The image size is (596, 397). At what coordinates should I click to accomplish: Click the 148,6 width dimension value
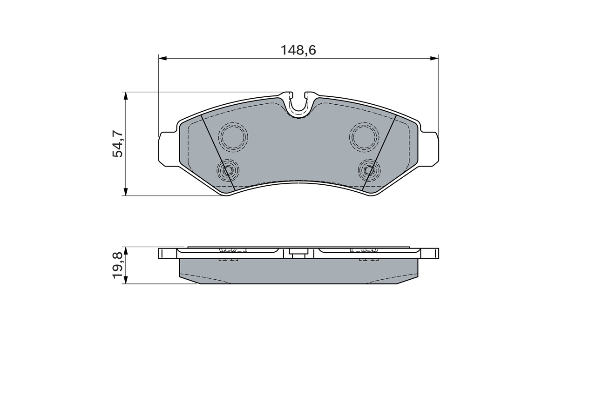[x=298, y=50]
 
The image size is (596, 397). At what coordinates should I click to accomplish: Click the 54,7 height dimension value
[x=118, y=144]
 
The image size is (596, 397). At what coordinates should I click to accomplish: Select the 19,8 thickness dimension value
[x=118, y=265]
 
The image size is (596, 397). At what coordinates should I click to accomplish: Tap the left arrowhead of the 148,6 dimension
[x=162, y=58]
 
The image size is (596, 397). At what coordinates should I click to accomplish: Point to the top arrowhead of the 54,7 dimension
[x=125, y=95]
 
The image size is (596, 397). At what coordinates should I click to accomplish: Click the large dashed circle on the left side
[x=233, y=137]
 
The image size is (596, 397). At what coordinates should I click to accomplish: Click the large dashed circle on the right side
[x=364, y=137]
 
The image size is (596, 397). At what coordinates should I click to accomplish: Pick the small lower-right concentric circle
[x=369, y=170]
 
